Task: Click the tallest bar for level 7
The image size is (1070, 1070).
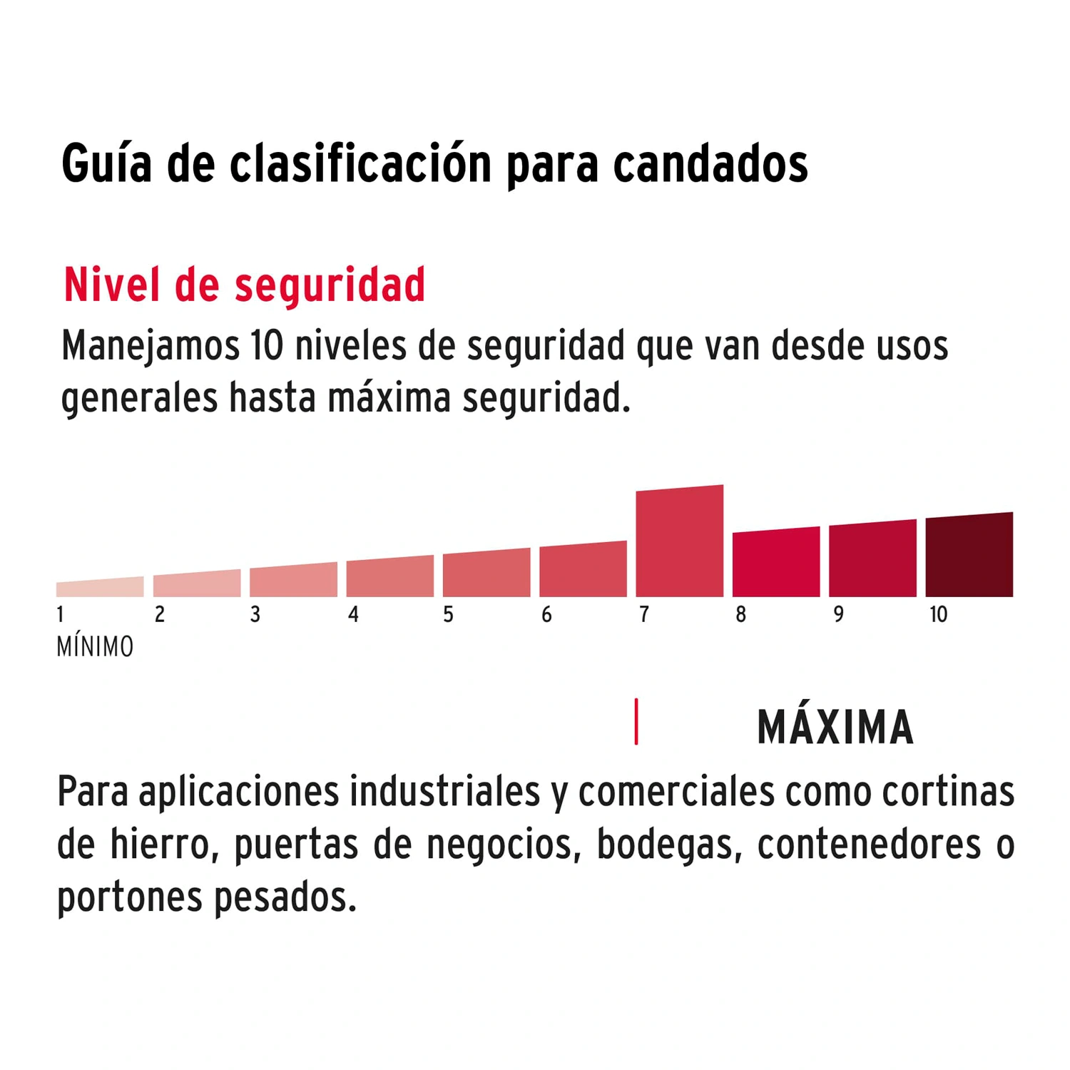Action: click(x=679, y=542)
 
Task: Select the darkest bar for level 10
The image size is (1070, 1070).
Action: click(x=969, y=556)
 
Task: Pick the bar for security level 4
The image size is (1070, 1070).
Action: click(x=389, y=577)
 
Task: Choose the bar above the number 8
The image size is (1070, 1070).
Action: click(x=775, y=563)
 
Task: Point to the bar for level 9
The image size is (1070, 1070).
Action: click(x=872, y=559)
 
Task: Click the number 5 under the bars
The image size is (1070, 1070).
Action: click(x=448, y=615)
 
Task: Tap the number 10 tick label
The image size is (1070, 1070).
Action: click(x=938, y=615)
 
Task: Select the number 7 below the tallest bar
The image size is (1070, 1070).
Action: click(x=643, y=615)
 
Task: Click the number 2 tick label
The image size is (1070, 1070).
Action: click(x=159, y=615)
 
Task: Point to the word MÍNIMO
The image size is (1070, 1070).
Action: click(x=95, y=648)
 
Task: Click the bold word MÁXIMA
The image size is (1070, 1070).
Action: click(x=835, y=728)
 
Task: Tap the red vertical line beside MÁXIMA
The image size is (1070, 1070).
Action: click(x=636, y=722)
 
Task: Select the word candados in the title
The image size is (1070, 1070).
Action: click(x=710, y=164)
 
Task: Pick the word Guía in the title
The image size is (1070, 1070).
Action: click(x=106, y=164)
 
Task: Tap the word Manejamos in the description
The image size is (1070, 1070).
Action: click(x=150, y=347)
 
